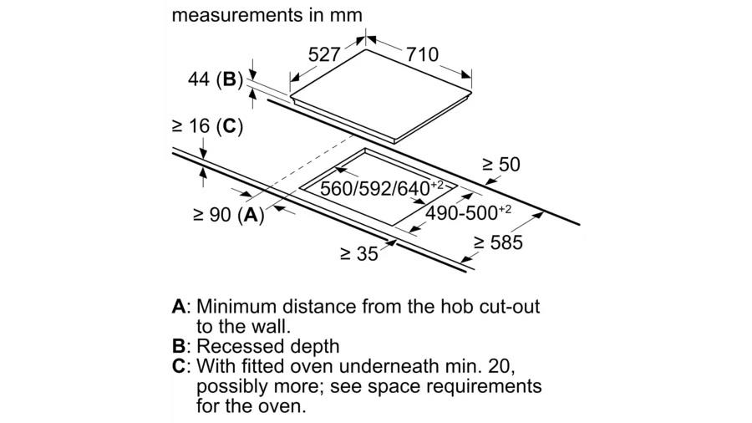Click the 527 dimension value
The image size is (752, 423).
point(324,54)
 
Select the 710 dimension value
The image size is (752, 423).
point(423,54)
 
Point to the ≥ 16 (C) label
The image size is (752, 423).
point(208,126)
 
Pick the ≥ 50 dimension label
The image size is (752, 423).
point(501,165)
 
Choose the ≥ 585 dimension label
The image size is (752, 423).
point(498,242)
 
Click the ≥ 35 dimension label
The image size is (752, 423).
point(359,253)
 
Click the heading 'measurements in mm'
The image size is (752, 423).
point(267,15)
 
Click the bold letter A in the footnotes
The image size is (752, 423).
point(178,307)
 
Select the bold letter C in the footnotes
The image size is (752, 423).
point(179,366)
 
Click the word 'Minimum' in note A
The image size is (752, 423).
point(236,307)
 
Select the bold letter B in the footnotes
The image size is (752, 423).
point(178,346)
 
